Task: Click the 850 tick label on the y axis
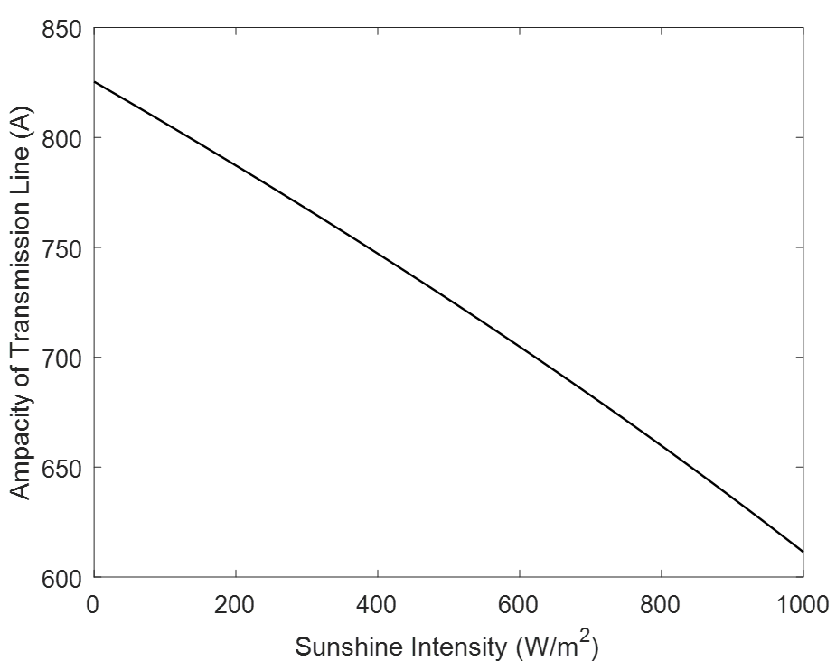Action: tap(62, 29)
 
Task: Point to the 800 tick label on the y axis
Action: tap(62, 138)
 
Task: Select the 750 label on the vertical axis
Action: tap(62, 248)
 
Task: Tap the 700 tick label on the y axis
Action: tap(62, 358)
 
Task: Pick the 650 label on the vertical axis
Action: tap(62, 468)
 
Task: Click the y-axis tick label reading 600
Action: tap(62, 578)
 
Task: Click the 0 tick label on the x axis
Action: tap(94, 604)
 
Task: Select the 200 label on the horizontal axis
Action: tap(235, 604)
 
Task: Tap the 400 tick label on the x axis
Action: tap(377, 604)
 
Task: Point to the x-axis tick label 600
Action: tap(519, 604)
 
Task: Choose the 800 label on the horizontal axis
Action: tap(661, 604)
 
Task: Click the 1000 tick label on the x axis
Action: tap(802, 604)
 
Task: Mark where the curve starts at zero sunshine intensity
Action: tap(94, 82)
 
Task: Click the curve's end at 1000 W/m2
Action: tap(802, 551)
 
